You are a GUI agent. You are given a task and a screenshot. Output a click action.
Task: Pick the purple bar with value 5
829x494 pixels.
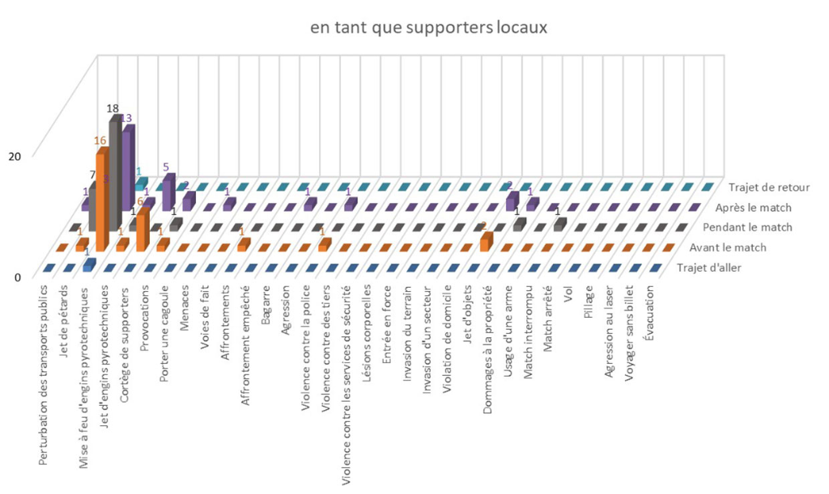click(x=168, y=192)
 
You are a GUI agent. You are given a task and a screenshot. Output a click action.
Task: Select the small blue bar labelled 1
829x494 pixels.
click(x=90, y=264)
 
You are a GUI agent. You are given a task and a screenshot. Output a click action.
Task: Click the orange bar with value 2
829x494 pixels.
click(x=486, y=240)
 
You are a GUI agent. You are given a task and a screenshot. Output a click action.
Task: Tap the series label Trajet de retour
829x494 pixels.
click(x=768, y=188)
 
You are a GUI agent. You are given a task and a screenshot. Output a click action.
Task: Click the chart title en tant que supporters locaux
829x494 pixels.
click(x=429, y=28)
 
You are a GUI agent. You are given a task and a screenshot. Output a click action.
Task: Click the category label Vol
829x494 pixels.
click(x=570, y=293)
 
